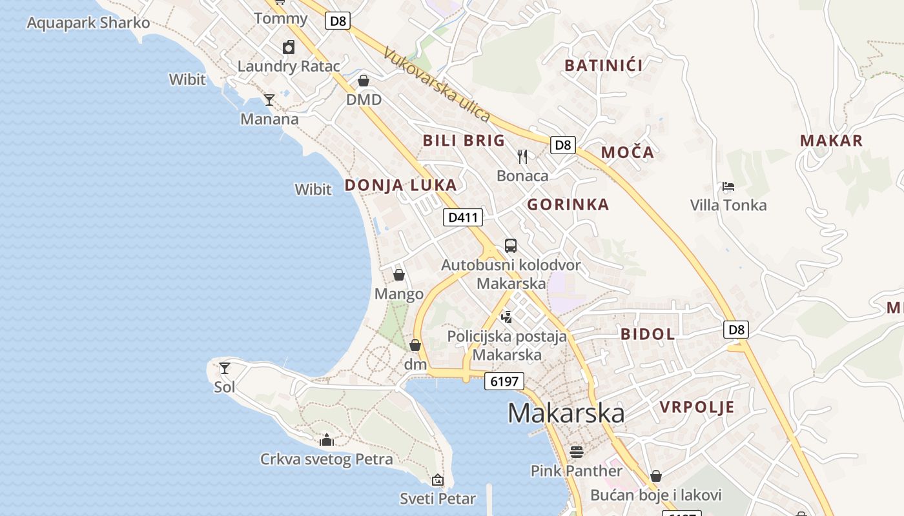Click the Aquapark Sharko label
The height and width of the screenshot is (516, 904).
88,23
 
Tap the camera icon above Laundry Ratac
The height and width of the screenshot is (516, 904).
289,47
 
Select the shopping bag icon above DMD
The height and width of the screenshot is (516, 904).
364,81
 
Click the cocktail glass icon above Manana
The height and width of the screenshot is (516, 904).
269,100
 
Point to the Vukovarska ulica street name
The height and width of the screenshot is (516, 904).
437,84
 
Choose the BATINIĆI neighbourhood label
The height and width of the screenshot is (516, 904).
604,65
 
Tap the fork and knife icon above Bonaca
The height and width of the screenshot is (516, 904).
522,157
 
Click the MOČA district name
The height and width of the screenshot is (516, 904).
628,152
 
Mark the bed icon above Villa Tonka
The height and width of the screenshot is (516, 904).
728,187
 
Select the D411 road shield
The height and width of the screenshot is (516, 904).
463,217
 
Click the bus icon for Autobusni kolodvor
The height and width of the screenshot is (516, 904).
511,246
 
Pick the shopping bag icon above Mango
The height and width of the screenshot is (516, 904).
399,275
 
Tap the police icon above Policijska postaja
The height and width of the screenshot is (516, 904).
507,317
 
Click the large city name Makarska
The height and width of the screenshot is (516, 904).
566,413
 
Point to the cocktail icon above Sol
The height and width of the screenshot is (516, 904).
225,368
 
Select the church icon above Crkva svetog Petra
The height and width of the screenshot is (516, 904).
327,441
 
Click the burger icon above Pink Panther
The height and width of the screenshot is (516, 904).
577,451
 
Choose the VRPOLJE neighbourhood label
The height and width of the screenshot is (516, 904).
697,407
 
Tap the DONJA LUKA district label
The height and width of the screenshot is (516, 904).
400,185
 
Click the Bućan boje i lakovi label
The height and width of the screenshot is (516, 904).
656,495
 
